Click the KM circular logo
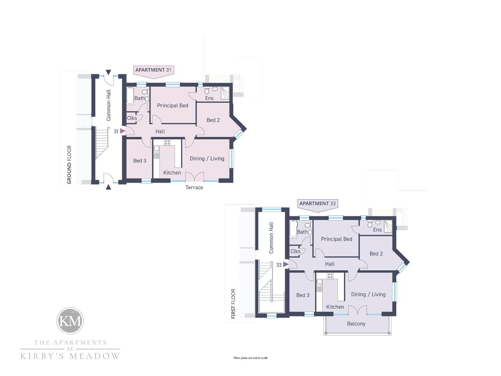click(70, 321)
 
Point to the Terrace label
click(194, 187)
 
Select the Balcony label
click(356, 324)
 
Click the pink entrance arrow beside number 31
click(122, 131)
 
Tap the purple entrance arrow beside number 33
click(286, 264)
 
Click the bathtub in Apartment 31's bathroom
click(130, 96)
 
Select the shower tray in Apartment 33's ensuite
click(388, 226)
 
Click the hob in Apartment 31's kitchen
click(167, 142)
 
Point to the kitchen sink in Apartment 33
click(319, 285)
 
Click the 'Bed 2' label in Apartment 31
click(213, 120)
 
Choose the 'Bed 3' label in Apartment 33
click(303, 295)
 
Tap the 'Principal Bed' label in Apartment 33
click(337, 239)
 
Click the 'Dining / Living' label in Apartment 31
click(207, 158)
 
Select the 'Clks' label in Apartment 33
click(295, 251)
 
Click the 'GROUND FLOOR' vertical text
click(69, 165)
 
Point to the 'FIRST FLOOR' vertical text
click(233, 304)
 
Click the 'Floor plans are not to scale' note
click(250, 358)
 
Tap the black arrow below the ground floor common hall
click(109, 187)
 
